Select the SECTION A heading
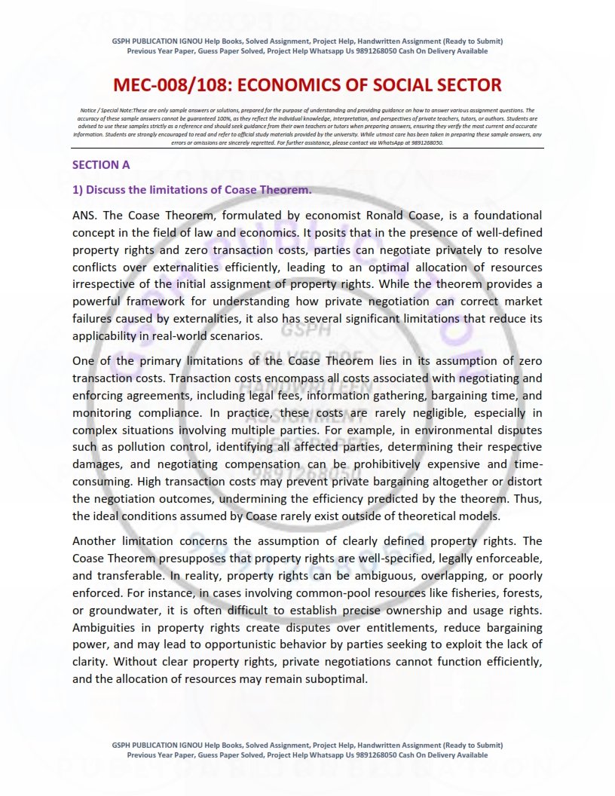pos(96,164)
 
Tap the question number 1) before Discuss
pos(77,189)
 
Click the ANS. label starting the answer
pos(85,214)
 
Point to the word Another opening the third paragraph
pos(95,541)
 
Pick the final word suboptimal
pos(332,678)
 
